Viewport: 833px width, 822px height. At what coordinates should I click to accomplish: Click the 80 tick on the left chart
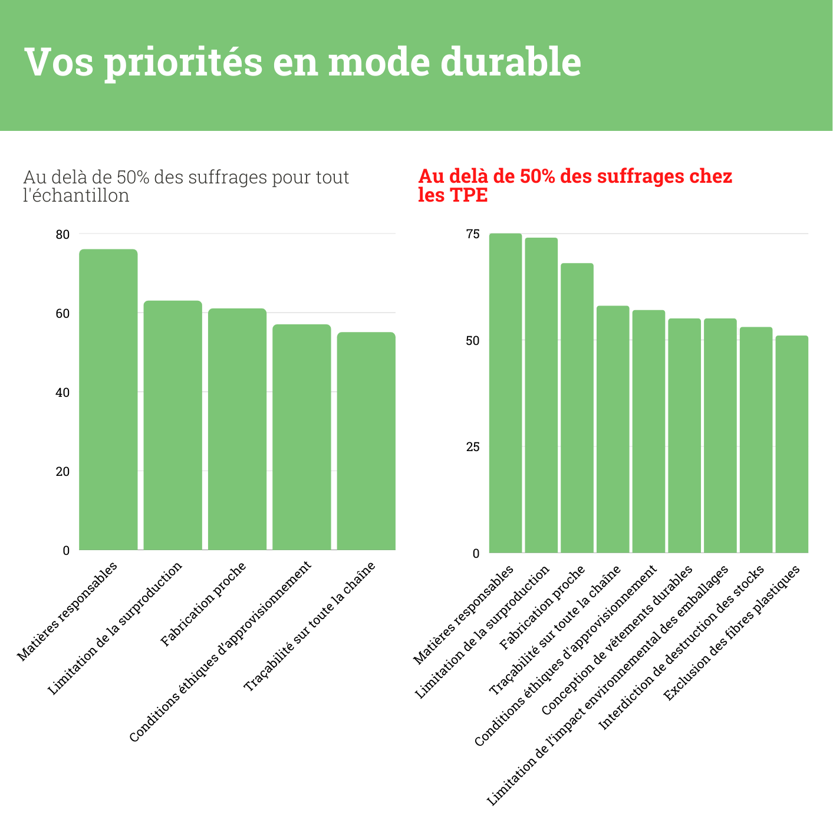(x=62, y=235)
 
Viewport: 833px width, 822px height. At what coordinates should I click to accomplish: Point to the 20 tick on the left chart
(x=62, y=472)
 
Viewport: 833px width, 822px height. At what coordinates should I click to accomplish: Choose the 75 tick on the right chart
(x=473, y=235)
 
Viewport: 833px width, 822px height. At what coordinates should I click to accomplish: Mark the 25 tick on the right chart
(x=473, y=447)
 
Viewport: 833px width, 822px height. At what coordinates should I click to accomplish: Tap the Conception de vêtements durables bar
(x=684, y=436)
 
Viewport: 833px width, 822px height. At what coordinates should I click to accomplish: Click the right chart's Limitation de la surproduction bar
(x=541, y=395)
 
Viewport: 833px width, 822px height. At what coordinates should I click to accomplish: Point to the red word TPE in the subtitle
(x=469, y=195)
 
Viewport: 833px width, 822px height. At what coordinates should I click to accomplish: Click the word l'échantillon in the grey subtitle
(x=76, y=195)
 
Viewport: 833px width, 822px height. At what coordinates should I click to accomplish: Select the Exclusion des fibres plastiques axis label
(x=732, y=633)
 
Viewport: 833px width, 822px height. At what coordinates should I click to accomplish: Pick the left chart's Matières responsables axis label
(x=67, y=611)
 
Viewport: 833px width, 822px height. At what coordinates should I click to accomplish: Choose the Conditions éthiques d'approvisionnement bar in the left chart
(x=302, y=437)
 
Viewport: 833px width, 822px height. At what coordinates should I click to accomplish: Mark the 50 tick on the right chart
(x=473, y=341)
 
